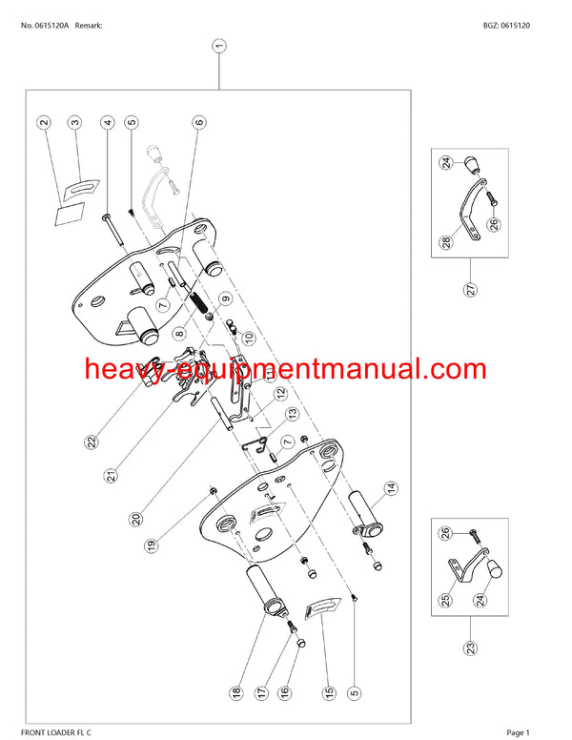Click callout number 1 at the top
[218, 46]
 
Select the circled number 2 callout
[44, 122]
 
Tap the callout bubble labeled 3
[75, 122]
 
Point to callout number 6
[199, 122]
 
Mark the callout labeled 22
[92, 442]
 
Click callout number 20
[136, 519]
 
